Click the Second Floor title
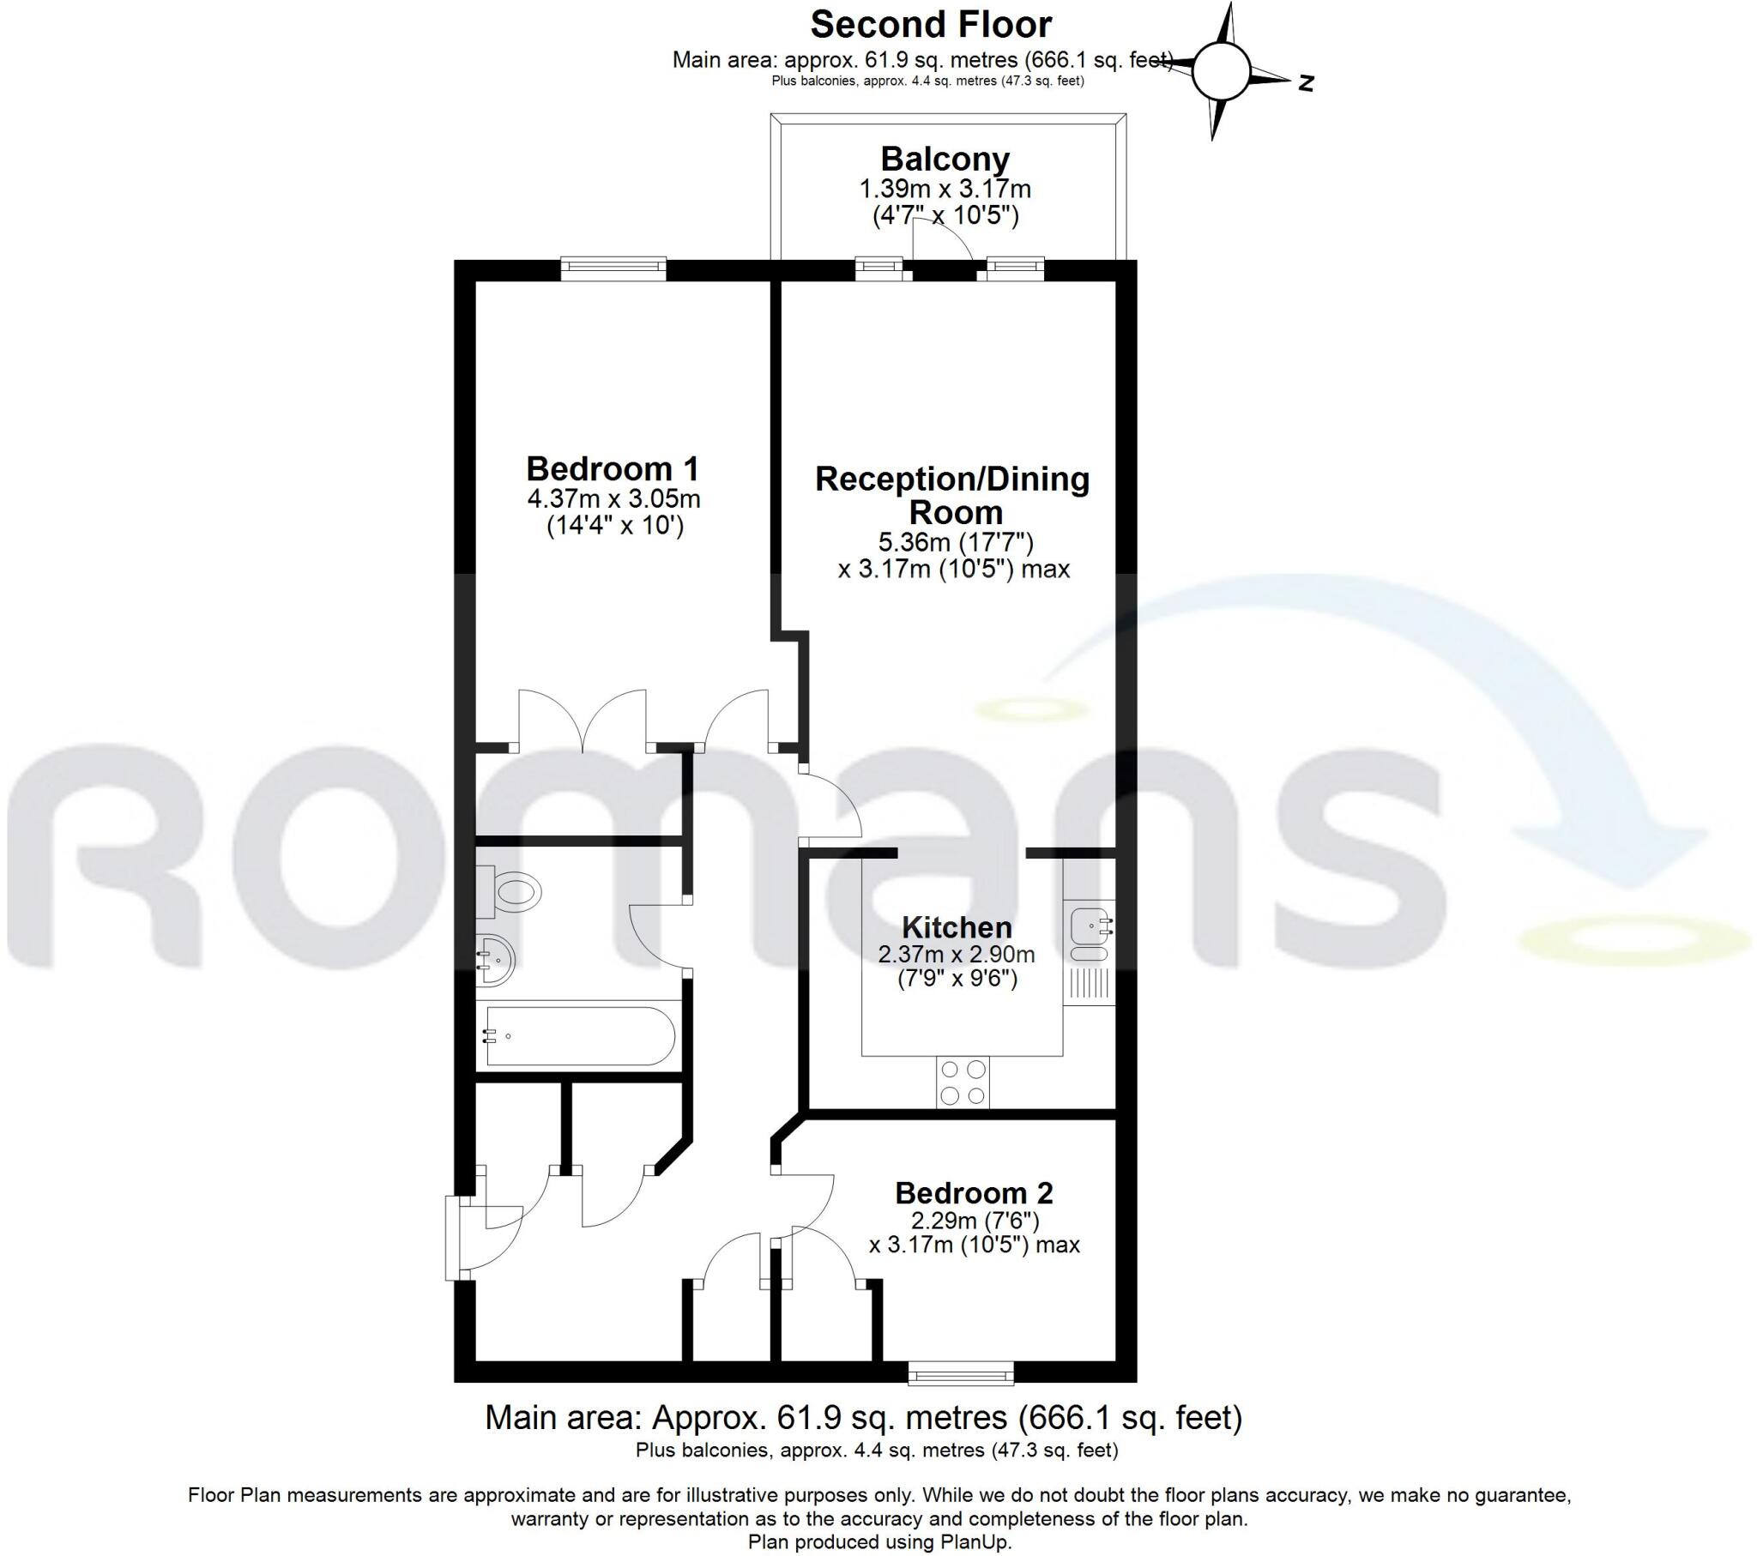[x=930, y=25]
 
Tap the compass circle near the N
[x=1219, y=72]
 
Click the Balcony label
[x=945, y=159]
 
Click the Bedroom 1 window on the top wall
[x=613, y=268]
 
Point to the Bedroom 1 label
[x=612, y=468]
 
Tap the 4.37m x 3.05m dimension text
[x=613, y=498]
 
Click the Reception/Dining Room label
[x=952, y=495]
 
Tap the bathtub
[x=579, y=1037]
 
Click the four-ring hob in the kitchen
[x=963, y=1083]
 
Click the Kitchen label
[x=957, y=927]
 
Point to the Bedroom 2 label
[x=973, y=1193]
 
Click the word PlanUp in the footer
[x=980, y=1541]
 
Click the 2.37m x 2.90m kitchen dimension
[x=956, y=954]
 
